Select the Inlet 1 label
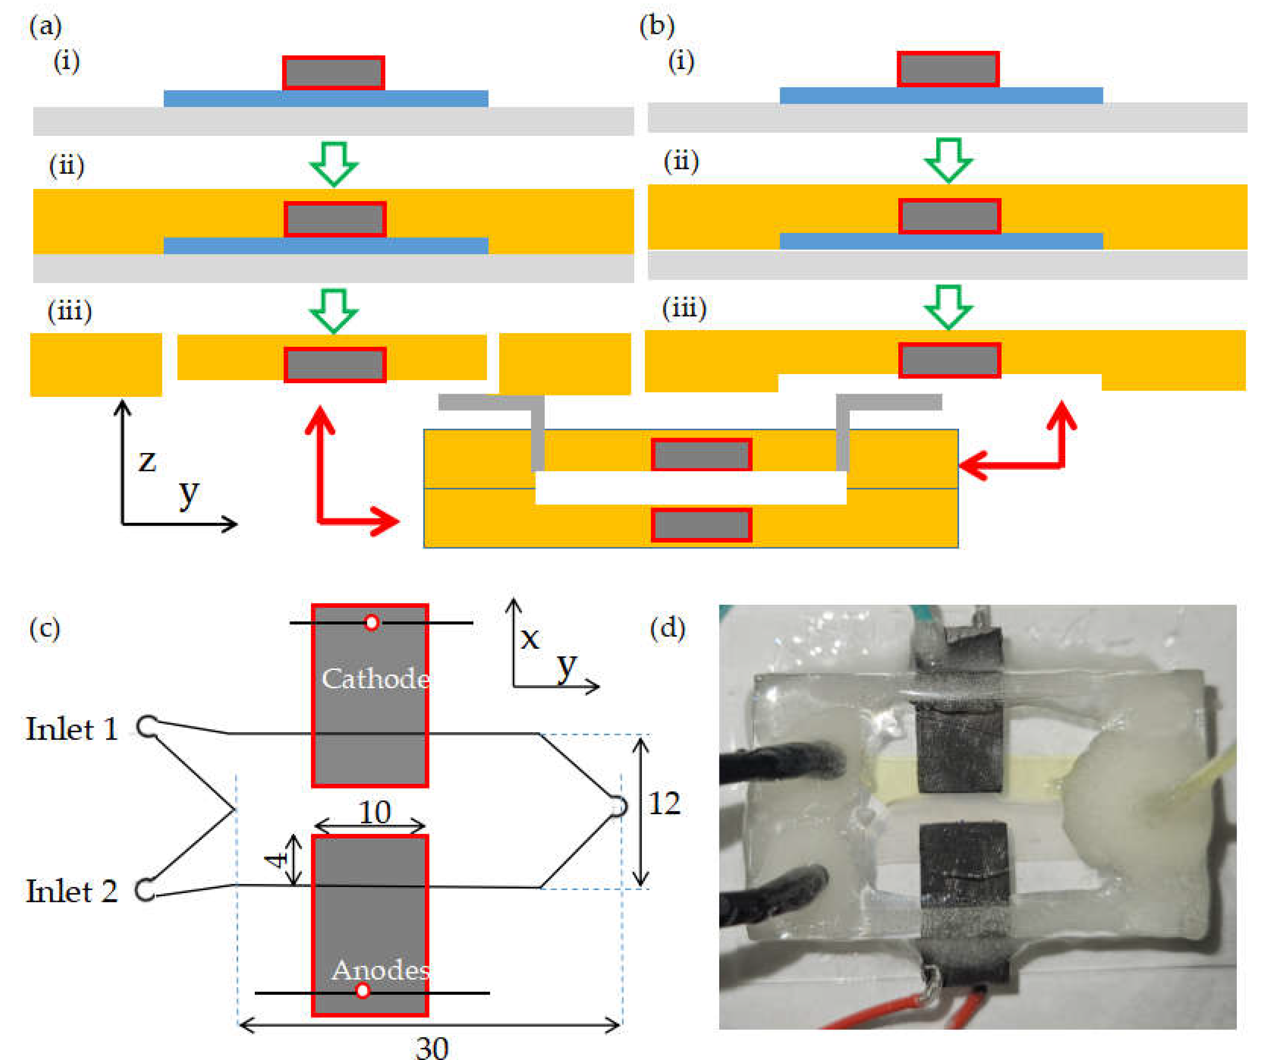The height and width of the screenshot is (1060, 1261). [72, 729]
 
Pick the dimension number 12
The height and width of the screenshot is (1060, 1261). [664, 803]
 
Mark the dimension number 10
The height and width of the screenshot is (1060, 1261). [375, 812]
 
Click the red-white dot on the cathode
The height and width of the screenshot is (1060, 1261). [372, 623]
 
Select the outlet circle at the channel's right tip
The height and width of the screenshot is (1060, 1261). [618, 806]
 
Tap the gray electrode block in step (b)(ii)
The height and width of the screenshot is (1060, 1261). [950, 216]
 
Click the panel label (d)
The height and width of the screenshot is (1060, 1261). [667, 628]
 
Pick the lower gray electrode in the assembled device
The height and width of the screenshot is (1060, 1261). [702, 525]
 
